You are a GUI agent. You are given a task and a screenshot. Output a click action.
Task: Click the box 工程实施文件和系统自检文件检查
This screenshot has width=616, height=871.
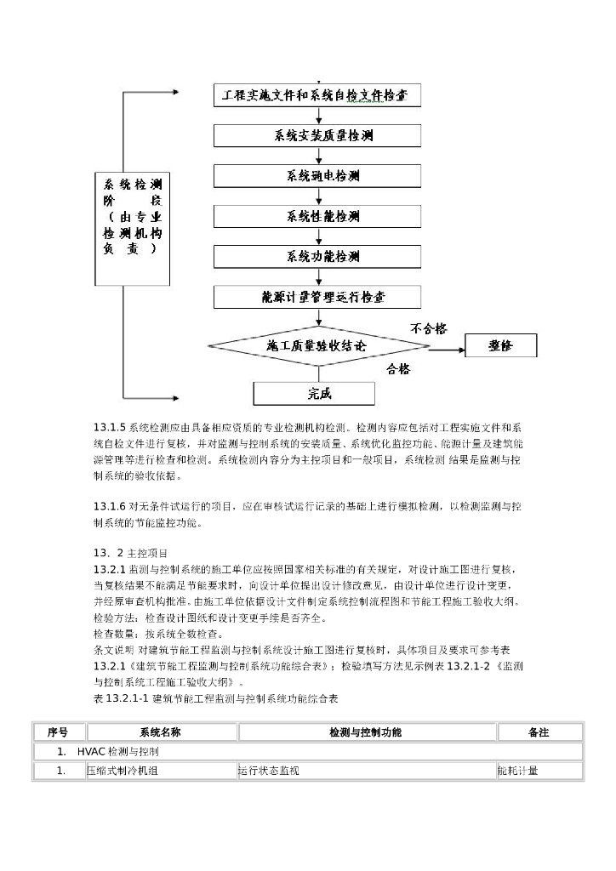point(316,95)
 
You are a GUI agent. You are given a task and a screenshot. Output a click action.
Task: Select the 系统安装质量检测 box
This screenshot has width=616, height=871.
point(316,135)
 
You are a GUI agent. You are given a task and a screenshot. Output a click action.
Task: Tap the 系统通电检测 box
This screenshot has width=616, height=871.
point(316,176)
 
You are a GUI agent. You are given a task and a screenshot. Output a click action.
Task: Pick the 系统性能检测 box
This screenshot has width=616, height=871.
point(316,216)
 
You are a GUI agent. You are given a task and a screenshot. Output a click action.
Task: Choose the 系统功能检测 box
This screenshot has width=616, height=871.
point(316,256)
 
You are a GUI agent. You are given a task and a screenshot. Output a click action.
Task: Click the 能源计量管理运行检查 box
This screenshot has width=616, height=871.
point(316,297)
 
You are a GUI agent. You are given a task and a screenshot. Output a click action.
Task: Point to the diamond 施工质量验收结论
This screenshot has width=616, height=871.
point(317,346)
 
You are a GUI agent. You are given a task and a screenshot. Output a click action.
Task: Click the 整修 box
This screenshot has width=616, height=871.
point(500,345)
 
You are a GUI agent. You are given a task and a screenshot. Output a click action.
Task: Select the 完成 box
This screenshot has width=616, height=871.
point(315,393)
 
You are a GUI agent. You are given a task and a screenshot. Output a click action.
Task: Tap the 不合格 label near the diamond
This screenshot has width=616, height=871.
point(429,327)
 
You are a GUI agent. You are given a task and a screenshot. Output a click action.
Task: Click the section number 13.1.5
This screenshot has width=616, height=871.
point(109,426)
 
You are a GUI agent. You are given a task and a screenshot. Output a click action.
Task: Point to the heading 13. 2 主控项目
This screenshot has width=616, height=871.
point(131,553)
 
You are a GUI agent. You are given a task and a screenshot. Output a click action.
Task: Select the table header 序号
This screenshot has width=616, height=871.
point(58,732)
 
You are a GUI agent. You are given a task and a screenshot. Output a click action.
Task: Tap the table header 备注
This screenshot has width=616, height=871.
point(539,732)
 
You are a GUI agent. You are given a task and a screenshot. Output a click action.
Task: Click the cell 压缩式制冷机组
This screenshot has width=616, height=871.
point(121,771)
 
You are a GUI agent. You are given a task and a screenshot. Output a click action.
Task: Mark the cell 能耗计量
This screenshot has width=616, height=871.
point(518,771)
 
